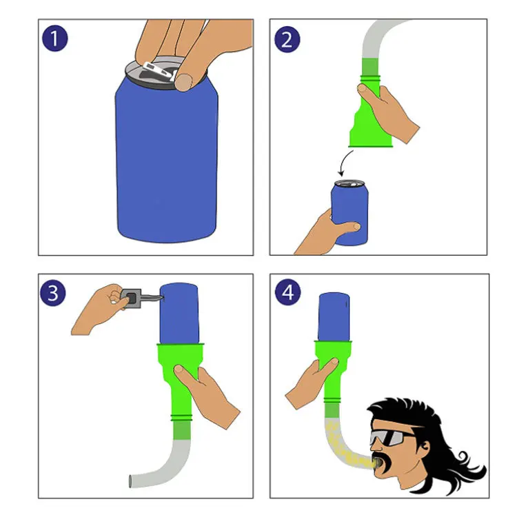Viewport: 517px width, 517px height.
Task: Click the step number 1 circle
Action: tap(54, 39)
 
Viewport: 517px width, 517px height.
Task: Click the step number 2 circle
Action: tap(287, 39)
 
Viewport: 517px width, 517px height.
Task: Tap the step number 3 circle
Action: tap(53, 293)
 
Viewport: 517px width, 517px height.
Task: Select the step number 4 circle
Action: tap(288, 292)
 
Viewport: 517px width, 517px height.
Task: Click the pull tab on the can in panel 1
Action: tap(159, 70)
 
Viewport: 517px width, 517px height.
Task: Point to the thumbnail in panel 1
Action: tap(183, 82)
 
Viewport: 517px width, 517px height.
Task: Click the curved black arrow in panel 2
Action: tap(345, 163)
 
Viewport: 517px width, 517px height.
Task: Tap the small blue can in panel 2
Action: tap(349, 213)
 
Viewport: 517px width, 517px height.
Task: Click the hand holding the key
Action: tap(99, 309)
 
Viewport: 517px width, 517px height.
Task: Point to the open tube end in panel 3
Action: tap(130, 481)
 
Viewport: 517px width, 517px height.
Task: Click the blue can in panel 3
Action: tap(179, 313)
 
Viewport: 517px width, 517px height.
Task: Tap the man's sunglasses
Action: tap(391, 437)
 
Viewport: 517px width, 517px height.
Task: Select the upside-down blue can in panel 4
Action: tap(334, 316)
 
